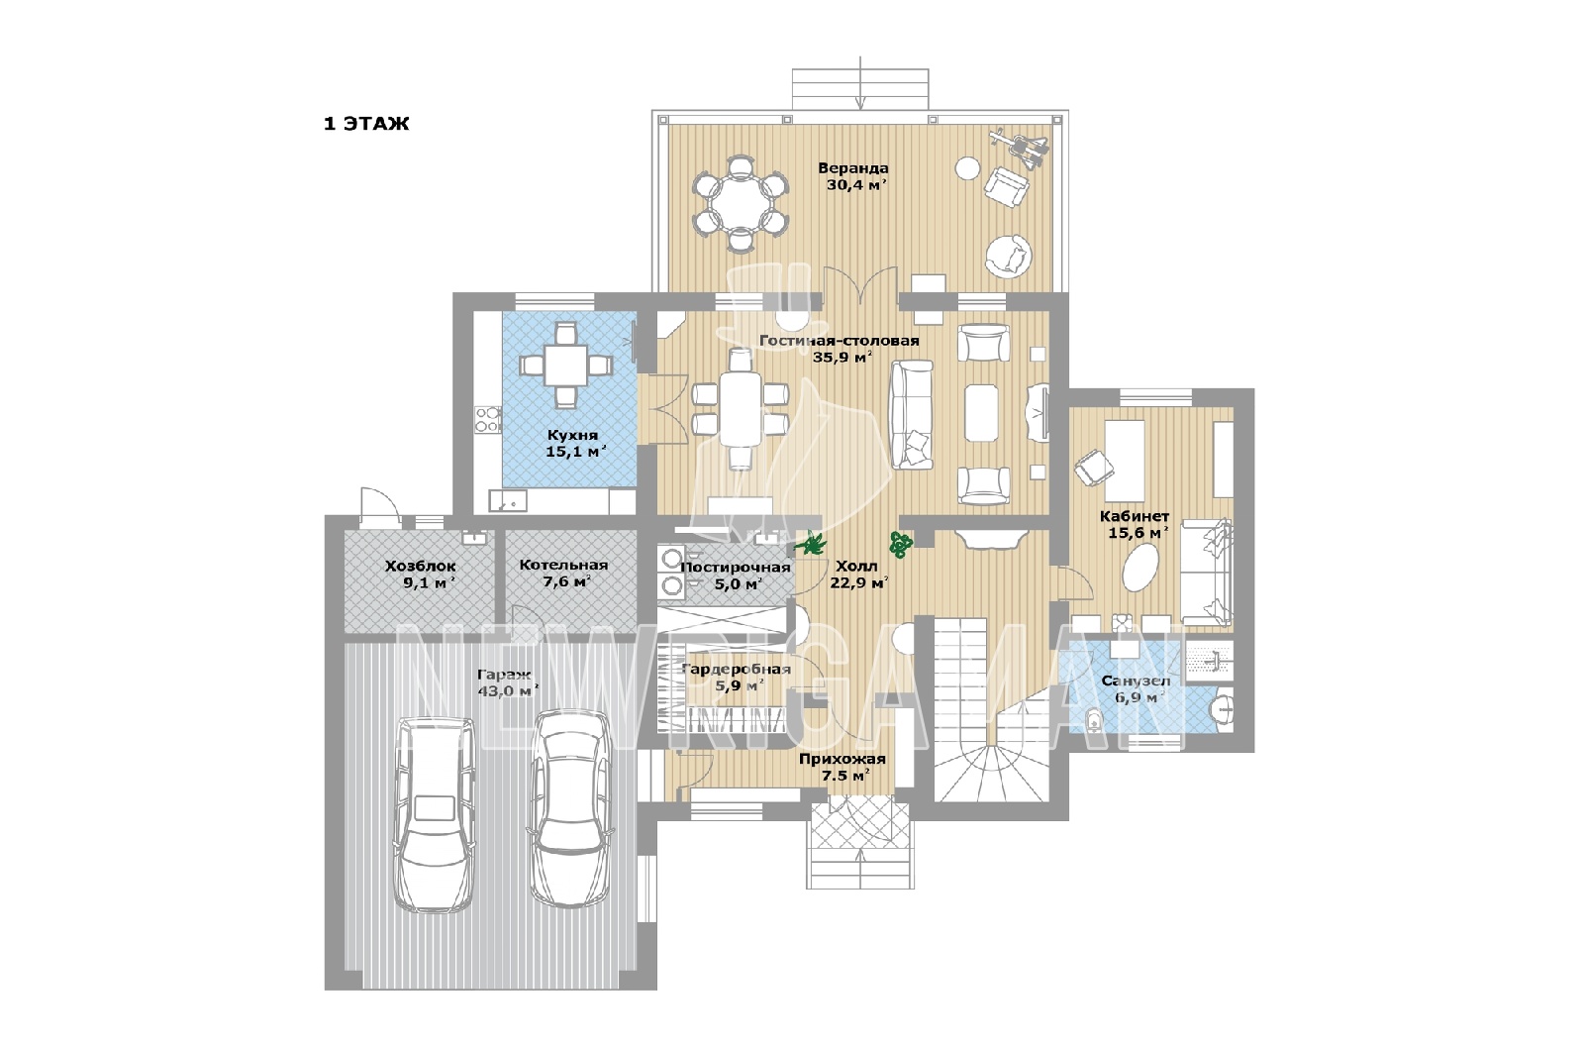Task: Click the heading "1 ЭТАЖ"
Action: [366, 124]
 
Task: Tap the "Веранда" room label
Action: [852, 168]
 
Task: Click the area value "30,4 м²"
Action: [856, 185]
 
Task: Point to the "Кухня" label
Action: [572, 435]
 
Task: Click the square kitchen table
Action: [565, 366]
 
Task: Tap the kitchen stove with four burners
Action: [487, 418]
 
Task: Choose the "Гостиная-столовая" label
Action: [840, 341]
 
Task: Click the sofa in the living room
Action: [912, 415]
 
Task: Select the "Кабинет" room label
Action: [1135, 516]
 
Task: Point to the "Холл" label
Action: [856, 566]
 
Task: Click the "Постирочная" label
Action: [735, 568]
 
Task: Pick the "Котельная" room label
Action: [563, 565]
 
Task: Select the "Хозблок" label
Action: [420, 566]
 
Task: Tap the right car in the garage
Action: [569, 808]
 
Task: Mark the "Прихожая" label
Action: [842, 759]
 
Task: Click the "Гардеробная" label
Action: [736, 670]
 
